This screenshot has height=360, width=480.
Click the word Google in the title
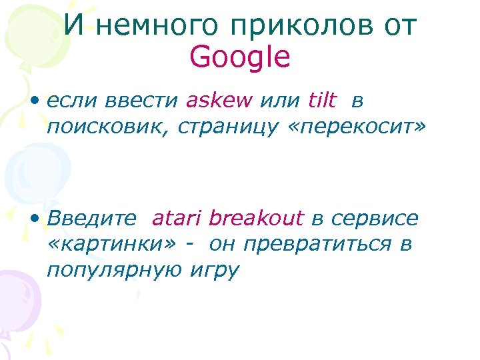tap(240, 57)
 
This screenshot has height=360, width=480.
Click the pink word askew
tap(219, 101)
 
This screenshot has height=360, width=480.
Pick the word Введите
tap(92, 218)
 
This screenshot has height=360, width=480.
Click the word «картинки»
tap(113, 245)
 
